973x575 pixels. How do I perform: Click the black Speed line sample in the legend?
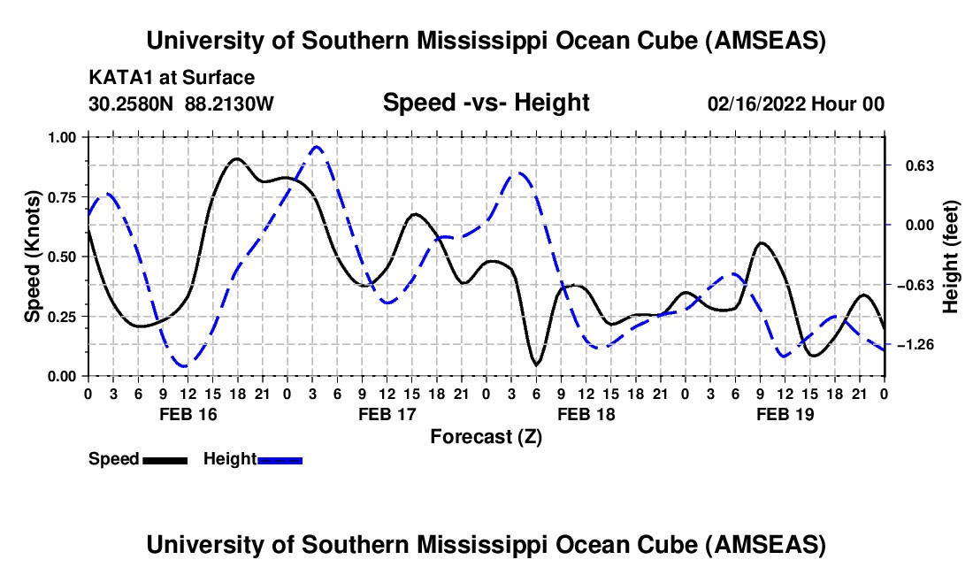[164, 459]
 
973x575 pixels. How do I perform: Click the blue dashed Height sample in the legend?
[280, 459]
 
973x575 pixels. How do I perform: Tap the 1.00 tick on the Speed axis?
[63, 137]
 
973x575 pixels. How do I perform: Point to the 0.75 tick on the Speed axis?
[63, 197]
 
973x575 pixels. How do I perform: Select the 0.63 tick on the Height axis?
[910, 165]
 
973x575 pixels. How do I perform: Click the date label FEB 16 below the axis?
[187, 414]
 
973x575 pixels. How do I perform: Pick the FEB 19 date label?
[785, 414]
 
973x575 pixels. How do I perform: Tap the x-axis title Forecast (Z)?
[486, 436]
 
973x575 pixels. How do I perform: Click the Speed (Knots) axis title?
[33, 257]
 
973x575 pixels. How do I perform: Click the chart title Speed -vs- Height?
[486, 103]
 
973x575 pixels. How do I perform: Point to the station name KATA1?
[119, 78]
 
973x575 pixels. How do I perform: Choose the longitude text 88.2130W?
[230, 103]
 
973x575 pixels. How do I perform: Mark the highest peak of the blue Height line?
[317, 147]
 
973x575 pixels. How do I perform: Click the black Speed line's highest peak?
[236, 159]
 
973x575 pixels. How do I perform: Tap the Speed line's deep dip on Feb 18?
[536, 364]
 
